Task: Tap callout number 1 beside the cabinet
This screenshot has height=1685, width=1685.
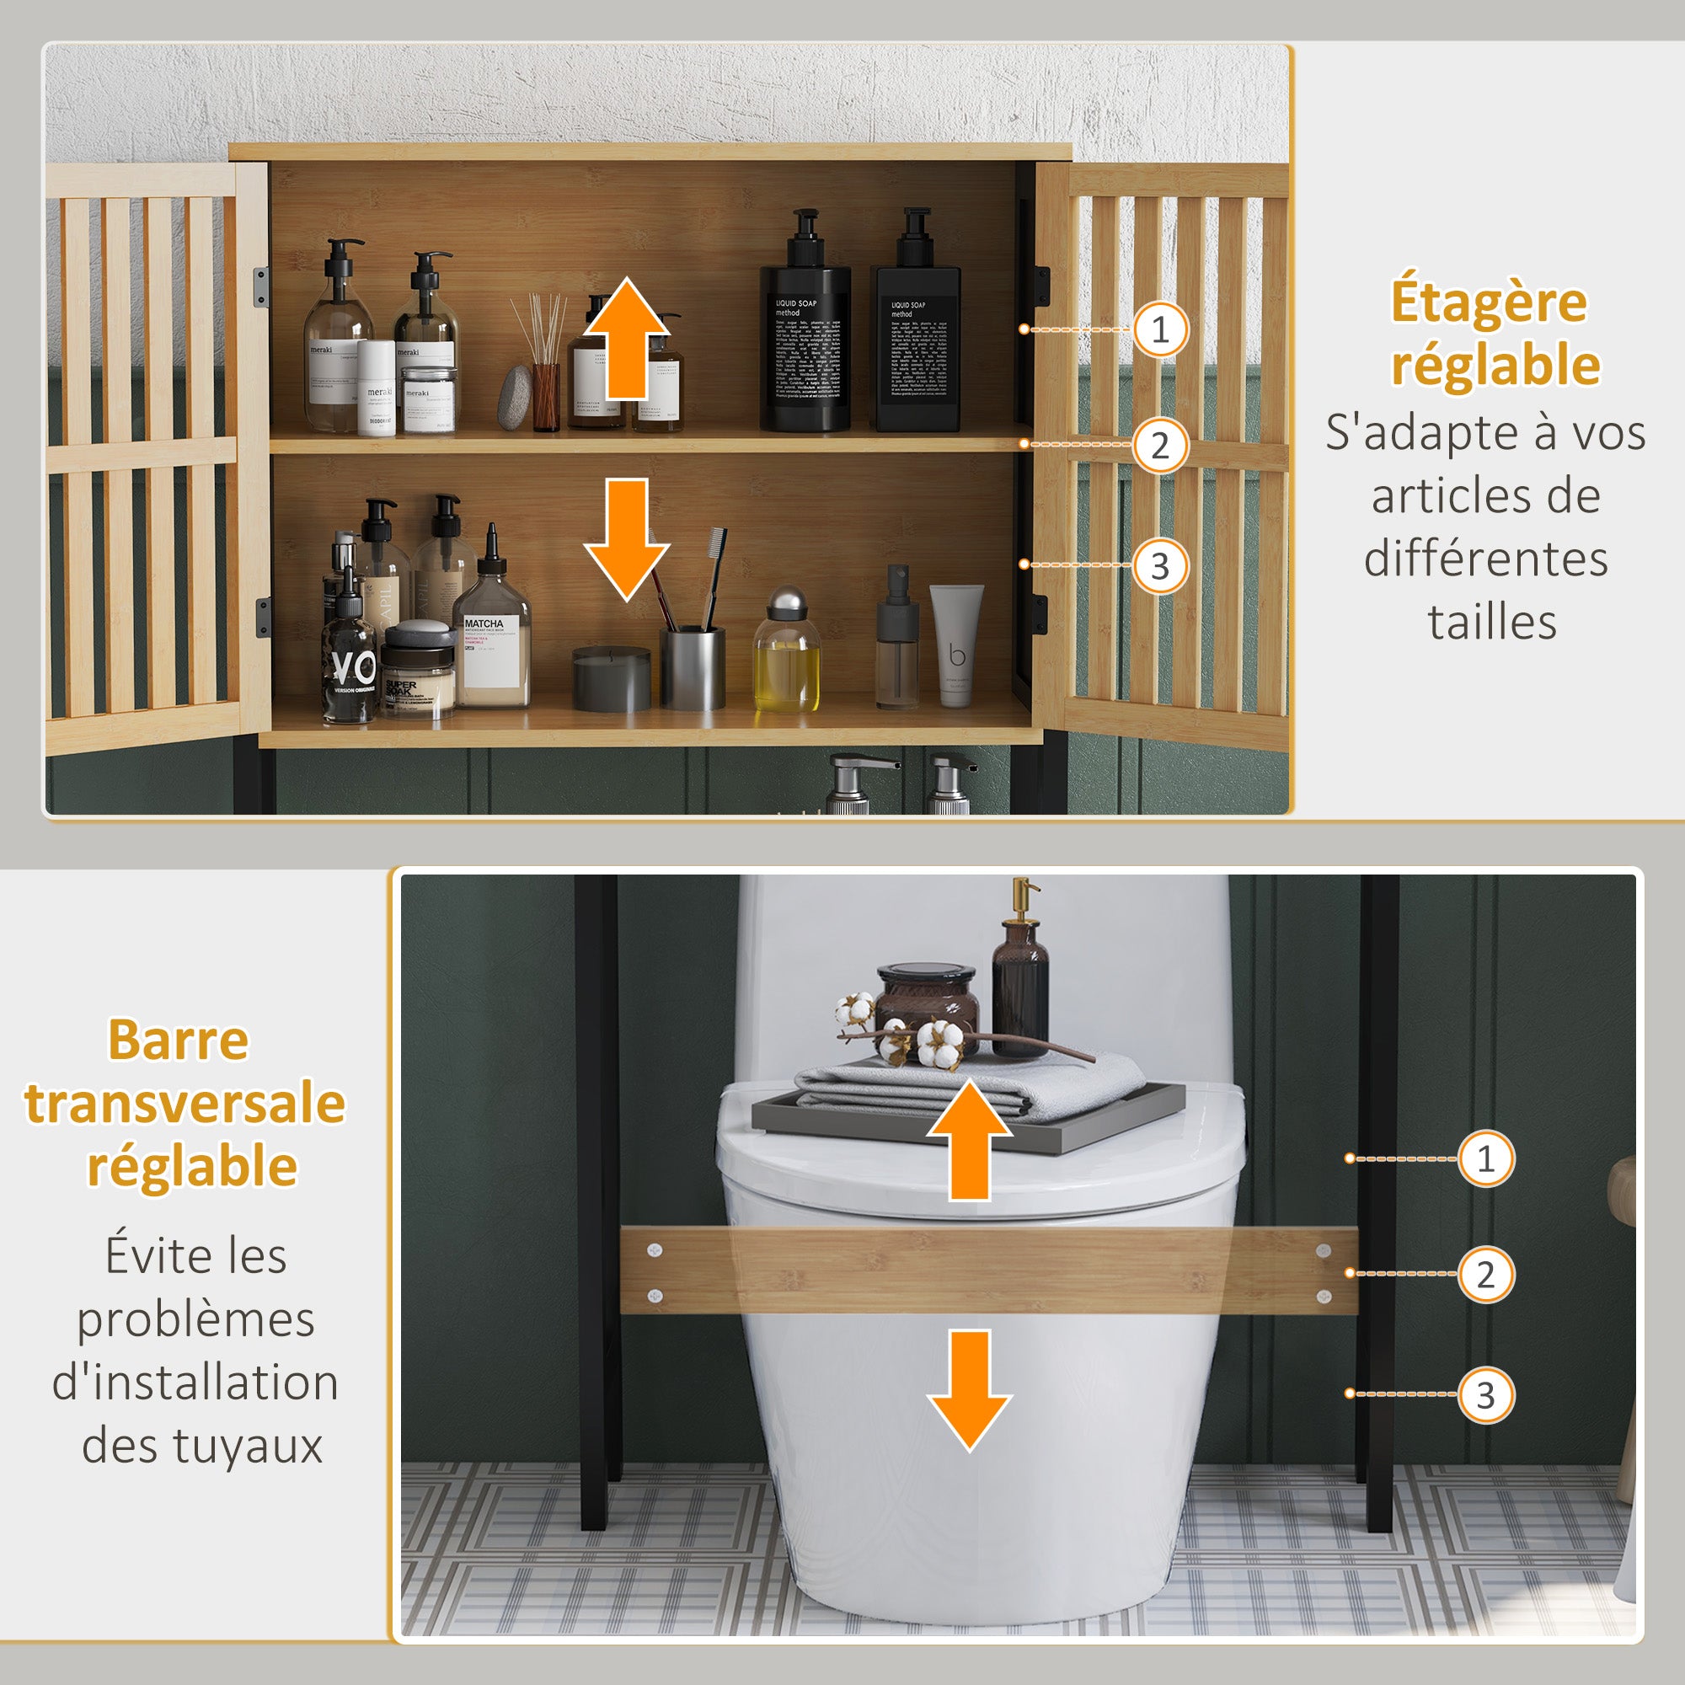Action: coord(1160,329)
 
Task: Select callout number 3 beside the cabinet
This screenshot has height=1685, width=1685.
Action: coord(1160,566)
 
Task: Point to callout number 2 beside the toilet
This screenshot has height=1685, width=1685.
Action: coord(1485,1274)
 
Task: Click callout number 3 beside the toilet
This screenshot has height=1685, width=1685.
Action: coord(1485,1395)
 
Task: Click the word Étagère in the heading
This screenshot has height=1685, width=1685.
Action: coord(1489,302)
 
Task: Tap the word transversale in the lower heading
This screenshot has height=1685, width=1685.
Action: coord(185,1104)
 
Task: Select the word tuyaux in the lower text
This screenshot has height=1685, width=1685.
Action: coord(248,1446)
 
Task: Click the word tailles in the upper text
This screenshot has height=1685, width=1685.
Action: coord(1491,623)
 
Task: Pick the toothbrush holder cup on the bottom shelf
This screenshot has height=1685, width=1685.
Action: coord(693,667)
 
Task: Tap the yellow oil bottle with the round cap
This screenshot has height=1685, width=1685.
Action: coord(786,654)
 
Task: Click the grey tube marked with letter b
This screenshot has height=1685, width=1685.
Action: coord(956,644)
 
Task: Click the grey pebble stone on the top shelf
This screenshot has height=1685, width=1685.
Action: coord(515,398)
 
